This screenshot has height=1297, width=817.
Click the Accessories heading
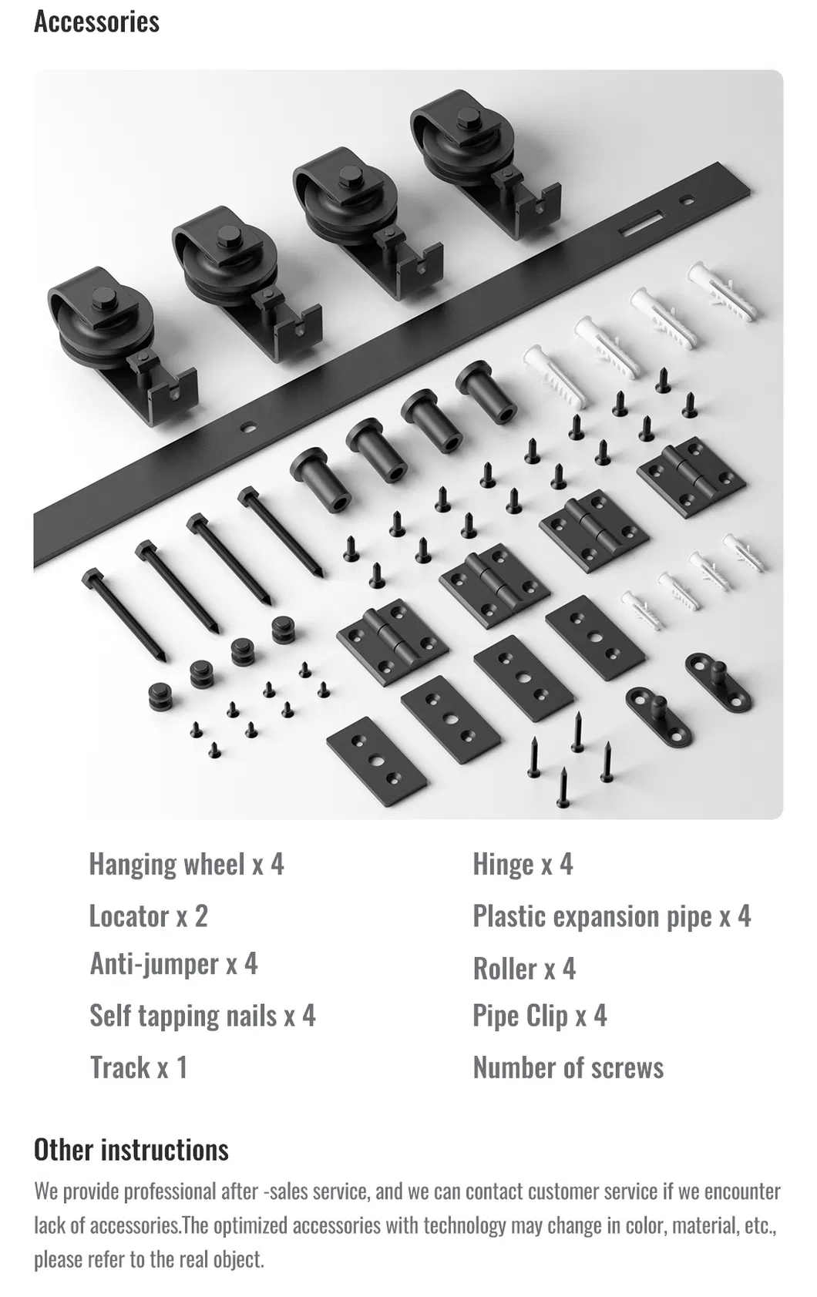96,22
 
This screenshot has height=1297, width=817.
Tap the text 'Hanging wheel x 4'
186,864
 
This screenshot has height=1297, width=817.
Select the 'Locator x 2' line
148,916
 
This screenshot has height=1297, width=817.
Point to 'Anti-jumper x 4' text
173,964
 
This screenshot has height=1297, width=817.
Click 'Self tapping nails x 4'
202,1016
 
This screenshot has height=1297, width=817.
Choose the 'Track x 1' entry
138,1067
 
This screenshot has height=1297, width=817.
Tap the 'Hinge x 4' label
523,865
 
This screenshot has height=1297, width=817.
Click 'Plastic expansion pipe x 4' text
611,916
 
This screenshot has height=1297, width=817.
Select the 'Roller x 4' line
524,969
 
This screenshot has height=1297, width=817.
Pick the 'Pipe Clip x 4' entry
540,1016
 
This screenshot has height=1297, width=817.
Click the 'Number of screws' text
568,1068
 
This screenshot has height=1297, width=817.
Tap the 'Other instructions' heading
131,1150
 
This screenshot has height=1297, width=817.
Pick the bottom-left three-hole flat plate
375,761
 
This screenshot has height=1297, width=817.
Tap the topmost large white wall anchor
721,290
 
